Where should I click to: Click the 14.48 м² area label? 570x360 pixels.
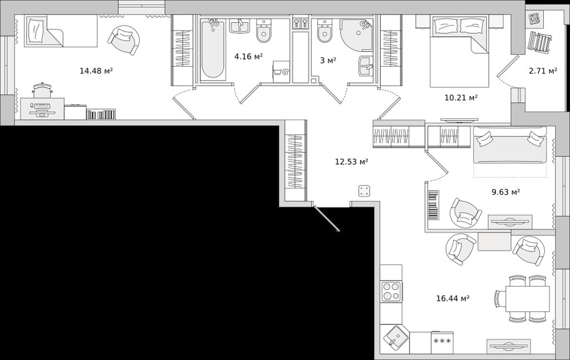[96, 71]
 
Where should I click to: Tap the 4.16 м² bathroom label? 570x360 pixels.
[248, 56]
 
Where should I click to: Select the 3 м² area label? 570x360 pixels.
[328, 60]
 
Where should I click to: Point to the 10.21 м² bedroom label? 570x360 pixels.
[461, 97]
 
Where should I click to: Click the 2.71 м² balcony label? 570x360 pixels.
[543, 71]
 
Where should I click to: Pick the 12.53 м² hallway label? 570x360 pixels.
[352, 161]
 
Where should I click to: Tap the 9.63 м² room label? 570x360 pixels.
[505, 191]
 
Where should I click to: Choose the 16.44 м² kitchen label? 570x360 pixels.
[453, 298]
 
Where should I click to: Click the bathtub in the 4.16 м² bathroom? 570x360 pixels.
[213, 49]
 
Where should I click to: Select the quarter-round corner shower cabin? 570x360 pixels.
[356, 34]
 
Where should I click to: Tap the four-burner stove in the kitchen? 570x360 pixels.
[391, 292]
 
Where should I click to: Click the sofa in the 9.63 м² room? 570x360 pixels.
[510, 145]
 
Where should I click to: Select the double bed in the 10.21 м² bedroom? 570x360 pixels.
[459, 52]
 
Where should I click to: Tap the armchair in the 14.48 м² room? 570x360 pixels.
[124, 40]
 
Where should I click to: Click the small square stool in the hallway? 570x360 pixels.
[365, 191]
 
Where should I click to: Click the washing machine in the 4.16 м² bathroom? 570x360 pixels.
[281, 72]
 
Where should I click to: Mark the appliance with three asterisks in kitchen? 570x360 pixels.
[443, 342]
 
